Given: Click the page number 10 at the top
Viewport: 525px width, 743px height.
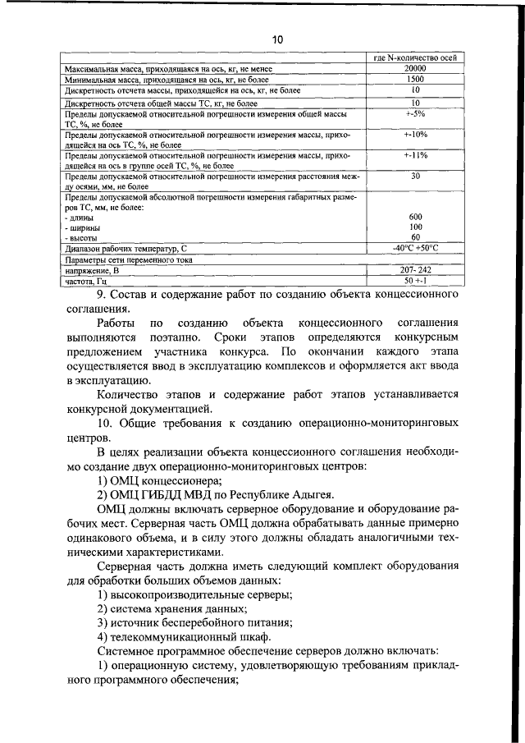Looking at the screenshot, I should coord(276,39).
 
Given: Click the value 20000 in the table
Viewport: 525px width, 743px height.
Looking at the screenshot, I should coord(416,69).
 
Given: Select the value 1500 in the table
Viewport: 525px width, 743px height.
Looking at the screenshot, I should coord(416,80).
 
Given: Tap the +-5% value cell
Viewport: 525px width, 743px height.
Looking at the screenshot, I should coord(416,114).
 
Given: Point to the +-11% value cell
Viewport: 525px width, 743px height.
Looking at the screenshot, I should coord(416,154).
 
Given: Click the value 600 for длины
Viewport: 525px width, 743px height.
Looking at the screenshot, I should coord(416,216).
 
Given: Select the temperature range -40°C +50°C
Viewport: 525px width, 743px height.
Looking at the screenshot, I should coord(416,248).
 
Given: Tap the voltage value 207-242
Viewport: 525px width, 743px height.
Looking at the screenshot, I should coord(416,269).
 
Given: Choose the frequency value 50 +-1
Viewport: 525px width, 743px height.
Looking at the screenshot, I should coord(416,281).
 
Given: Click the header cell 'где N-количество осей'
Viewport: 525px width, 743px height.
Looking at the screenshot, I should coord(415,58).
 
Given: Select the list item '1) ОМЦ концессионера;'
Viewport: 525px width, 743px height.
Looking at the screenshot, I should coord(160,480).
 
